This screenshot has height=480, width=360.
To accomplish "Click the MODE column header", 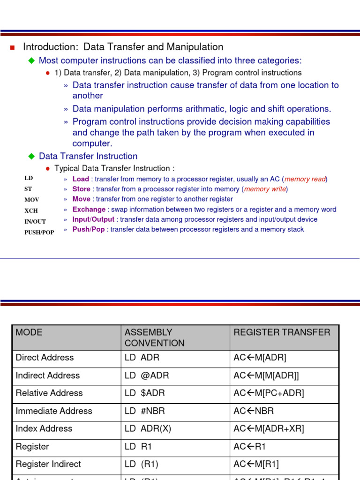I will [29, 332].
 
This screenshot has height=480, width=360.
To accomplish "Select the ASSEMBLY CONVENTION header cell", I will [154, 337].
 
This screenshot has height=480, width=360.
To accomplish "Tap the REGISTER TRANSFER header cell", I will [282, 332].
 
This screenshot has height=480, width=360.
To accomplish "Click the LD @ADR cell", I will [147, 375].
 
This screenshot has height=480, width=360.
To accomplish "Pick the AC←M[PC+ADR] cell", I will [269, 393].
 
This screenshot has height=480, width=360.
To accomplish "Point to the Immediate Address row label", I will [54, 411].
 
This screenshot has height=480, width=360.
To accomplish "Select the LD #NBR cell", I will [145, 411].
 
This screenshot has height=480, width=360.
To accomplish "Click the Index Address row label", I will [44, 429].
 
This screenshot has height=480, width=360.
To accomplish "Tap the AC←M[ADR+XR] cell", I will [269, 429].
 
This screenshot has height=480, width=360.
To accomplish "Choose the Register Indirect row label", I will [48, 464].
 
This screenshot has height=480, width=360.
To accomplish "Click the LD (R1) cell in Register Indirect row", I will [142, 464].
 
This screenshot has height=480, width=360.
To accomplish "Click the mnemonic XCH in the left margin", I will [31, 211].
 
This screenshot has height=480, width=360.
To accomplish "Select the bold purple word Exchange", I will [89, 210].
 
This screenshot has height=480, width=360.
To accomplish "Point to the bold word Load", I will [81, 179].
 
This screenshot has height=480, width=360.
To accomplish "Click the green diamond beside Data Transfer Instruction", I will [32, 156].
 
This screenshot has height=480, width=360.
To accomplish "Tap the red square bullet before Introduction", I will [13, 47].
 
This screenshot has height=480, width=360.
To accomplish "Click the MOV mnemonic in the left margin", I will [32, 200].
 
